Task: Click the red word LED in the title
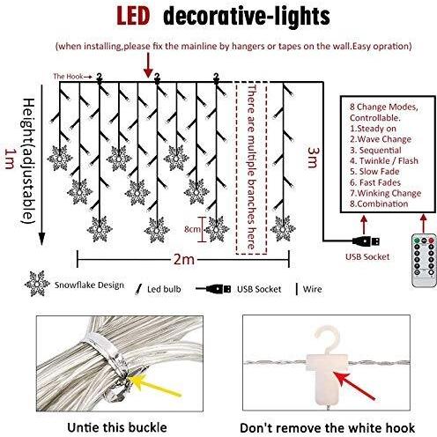[x=133, y=16]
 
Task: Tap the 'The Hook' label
[x=68, y=77]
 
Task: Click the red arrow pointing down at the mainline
[x=149, y=65]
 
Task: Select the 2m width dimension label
[x=184, y=259]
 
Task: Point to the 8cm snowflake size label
[x=192, y=229]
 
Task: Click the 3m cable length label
[x=313, y=158]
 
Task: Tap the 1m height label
[x=10, y=159]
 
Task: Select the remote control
[x=424, y=260]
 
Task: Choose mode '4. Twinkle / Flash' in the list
[x=384, y=160]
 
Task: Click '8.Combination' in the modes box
[x=379, y=204]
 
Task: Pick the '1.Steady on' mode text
[x=373, y=129]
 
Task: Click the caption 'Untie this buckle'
[x=117, y=427]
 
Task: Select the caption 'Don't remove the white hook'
[x=327, y=428]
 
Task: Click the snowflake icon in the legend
[x=37, y=284]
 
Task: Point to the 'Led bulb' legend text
[x=164, y=289]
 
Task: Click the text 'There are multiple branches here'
[x=251, y=167]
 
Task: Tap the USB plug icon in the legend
[x=213, y=289]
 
